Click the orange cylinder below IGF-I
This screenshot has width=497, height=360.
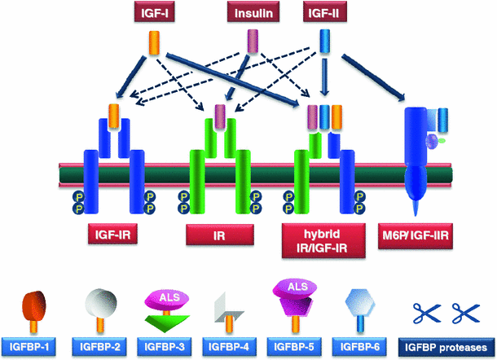point(153,42)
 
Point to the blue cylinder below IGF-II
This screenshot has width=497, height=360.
point(324,41)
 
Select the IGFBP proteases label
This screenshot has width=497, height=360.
point(449,344)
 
